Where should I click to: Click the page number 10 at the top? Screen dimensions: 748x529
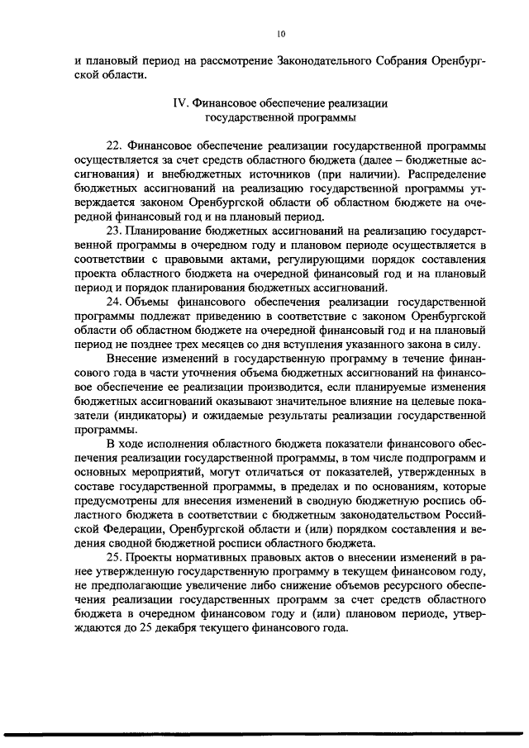point(280,34)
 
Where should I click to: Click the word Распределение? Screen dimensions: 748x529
point(443,174)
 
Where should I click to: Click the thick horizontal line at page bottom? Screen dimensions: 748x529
point(264,732)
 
